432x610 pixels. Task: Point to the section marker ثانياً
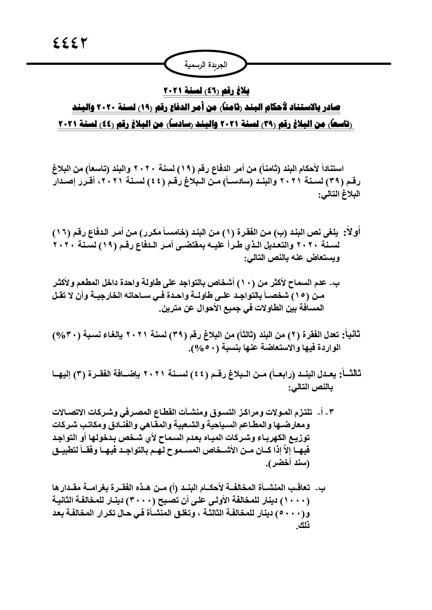(349, 335)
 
